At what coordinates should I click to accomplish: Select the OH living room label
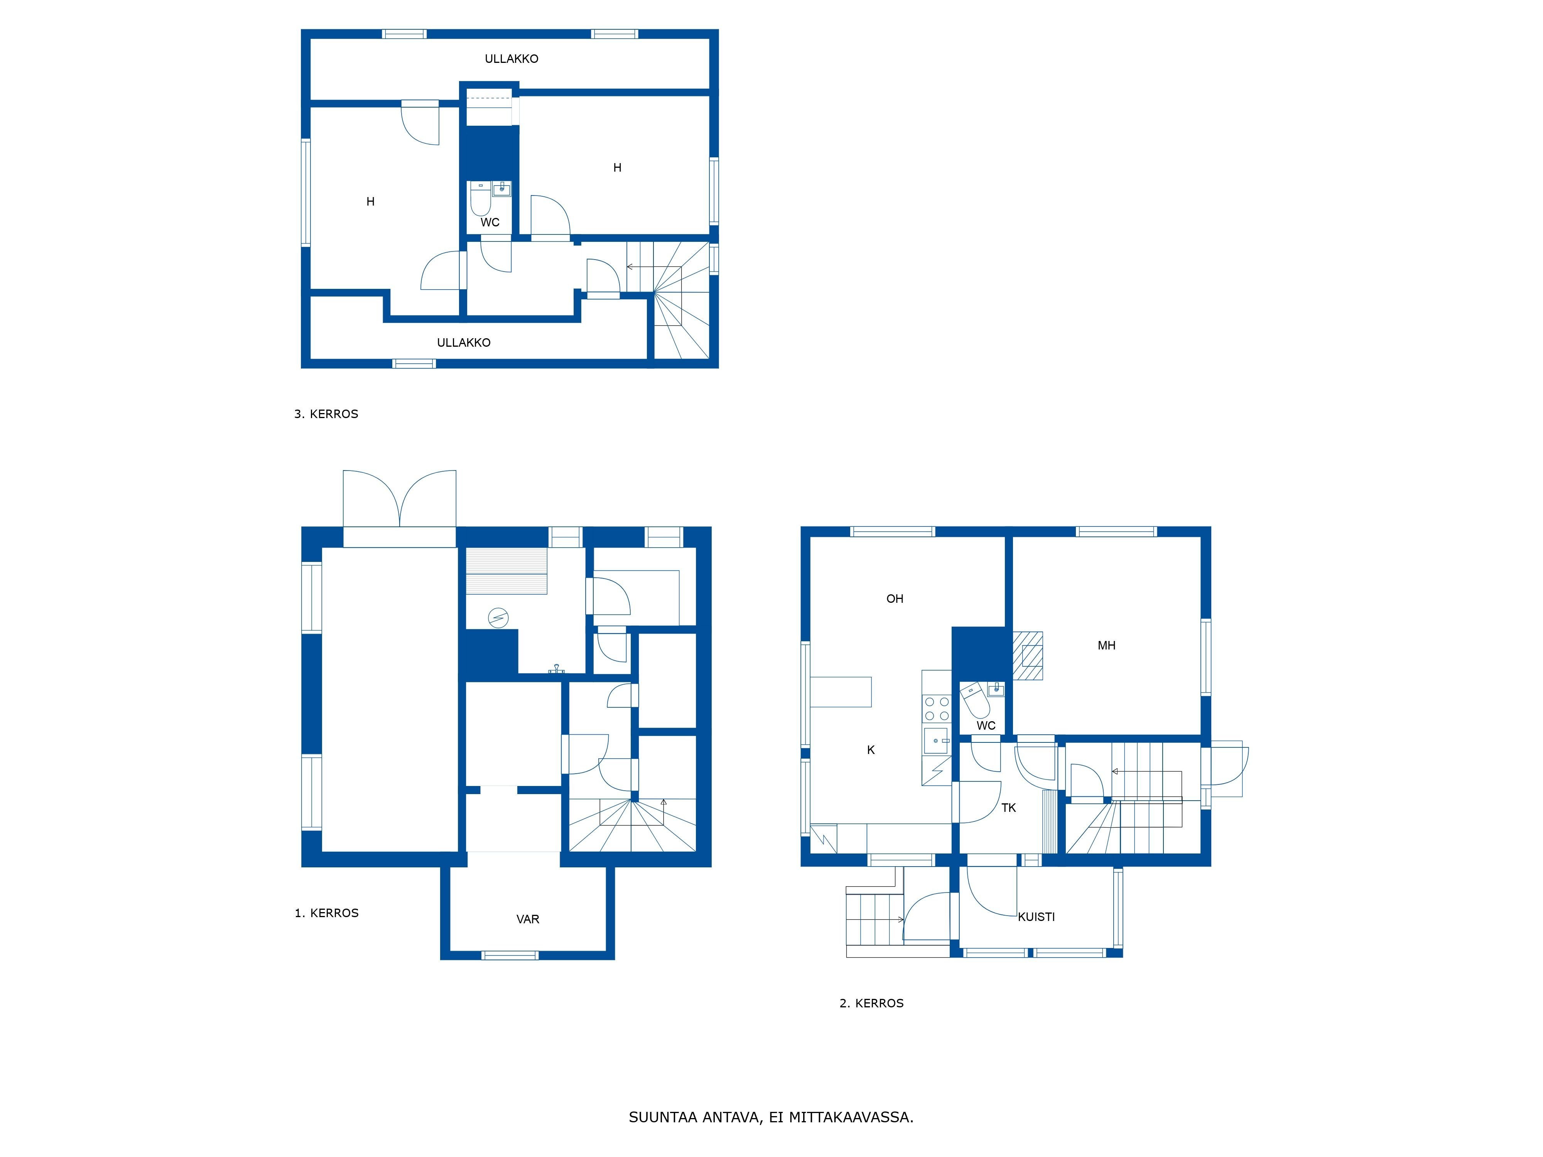pos(895,599)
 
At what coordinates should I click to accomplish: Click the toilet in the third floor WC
pos(480,200)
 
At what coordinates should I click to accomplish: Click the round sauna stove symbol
pos(498,618)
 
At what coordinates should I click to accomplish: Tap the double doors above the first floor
pos(400,499)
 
